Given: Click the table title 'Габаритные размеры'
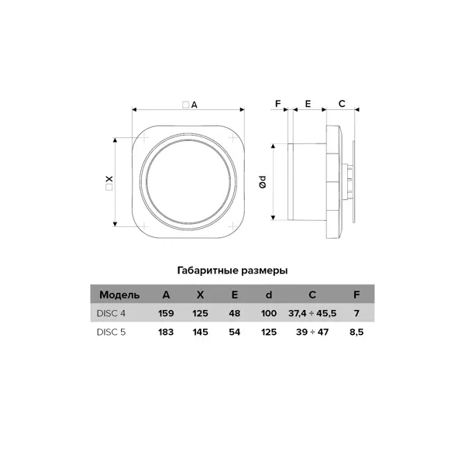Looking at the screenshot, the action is pos(232,270).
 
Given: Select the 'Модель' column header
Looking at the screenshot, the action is pos(119,294).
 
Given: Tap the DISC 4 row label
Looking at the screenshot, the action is pos(111,313).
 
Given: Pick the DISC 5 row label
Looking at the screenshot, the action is pos(111,332).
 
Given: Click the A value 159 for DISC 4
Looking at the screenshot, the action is pos(166,313).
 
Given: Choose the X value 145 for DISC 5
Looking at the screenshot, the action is pos(200,332).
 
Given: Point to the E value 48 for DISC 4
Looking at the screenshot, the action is pos(235,313).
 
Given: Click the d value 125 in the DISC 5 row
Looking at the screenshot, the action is pos(269,332).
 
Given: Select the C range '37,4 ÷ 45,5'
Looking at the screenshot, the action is pos(312,313).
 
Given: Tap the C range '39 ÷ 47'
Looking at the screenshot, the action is pos(312,332).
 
